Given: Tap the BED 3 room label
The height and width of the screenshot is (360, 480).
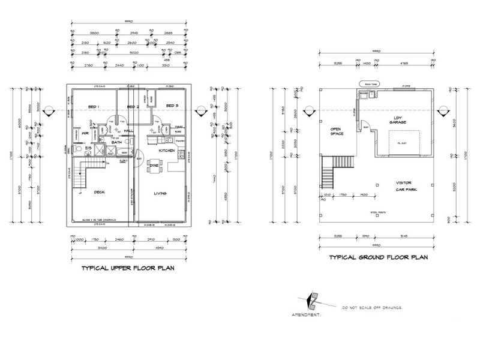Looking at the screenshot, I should point(172,106).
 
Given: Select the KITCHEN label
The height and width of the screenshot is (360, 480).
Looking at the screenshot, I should point(167,151).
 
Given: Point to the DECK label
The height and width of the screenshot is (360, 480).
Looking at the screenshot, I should point(100,193).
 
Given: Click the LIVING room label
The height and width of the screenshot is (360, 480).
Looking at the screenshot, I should point(160,193).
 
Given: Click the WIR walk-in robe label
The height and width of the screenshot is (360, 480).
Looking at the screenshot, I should point(86,134).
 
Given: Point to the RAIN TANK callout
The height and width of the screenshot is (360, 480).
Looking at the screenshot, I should point(367,85).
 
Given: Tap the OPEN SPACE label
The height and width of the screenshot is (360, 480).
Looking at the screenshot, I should point(335,130).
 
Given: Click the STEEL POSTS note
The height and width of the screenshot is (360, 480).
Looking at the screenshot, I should point(377,212).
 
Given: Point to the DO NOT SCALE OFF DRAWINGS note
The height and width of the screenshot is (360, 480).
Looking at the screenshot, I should point(372,308).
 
